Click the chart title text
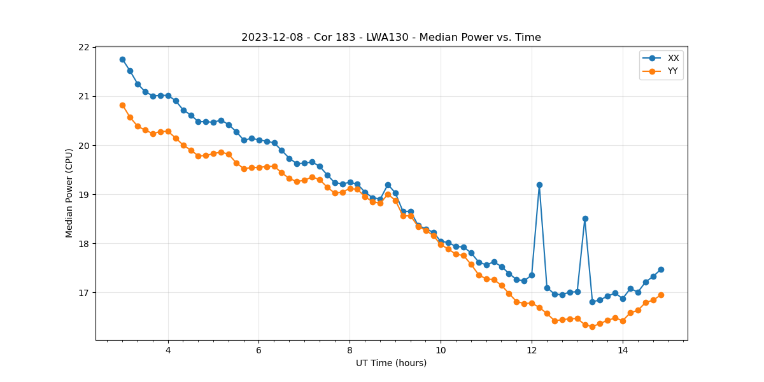tap(391, 38)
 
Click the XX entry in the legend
tap(672, 58)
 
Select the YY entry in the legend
tap(672, 71)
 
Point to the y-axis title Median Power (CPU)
tap(69, 193)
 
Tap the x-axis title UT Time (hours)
tap(391, 363)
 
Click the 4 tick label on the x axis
tap(168, 350)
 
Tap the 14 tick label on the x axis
tap(623, 350)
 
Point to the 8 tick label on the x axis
tap(350, 350)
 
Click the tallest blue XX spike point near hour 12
tap(539, 185)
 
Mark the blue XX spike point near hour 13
tap(585, 218)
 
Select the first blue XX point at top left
tap(122, 59)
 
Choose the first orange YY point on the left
tap(122, 105)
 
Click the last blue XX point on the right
tap(661, 269)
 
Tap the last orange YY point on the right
tap(661, 295)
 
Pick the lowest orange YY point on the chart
tap(592, 327)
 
